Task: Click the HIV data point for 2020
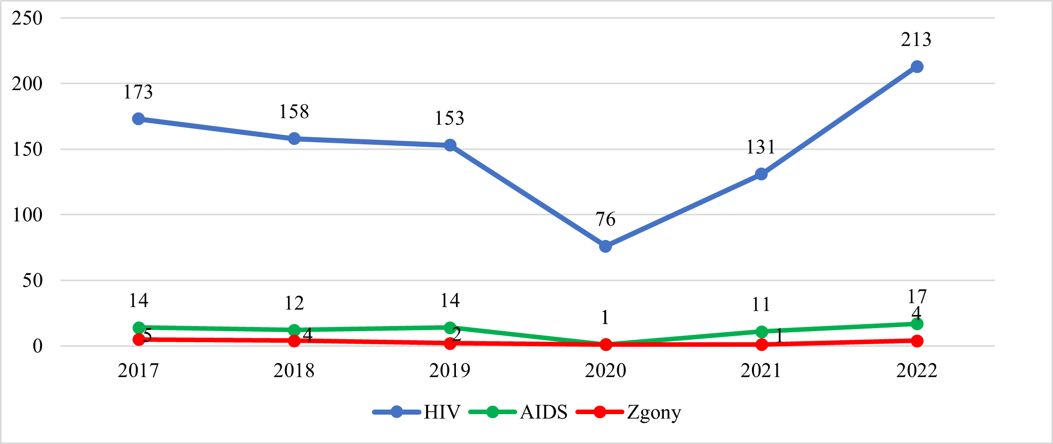pos(605,247)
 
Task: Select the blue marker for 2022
pos(917,67)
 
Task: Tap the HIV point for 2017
pos(138,119)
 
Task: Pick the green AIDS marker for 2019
pos(450,328)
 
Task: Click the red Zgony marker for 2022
pos(917,341)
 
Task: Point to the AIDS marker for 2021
pos(761,332)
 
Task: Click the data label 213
pos(916,39)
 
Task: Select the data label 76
pos(605,219)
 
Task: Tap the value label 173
pos(138,92)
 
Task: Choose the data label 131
pos(761,147)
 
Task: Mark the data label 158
pos(294,112)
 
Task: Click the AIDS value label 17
pos(917,296)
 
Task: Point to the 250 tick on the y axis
pos(27,18)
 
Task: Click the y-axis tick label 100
pos(27,215)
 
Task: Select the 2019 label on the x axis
pos(449,371)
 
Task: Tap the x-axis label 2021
pos(761,371)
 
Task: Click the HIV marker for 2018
pos(294,139)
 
